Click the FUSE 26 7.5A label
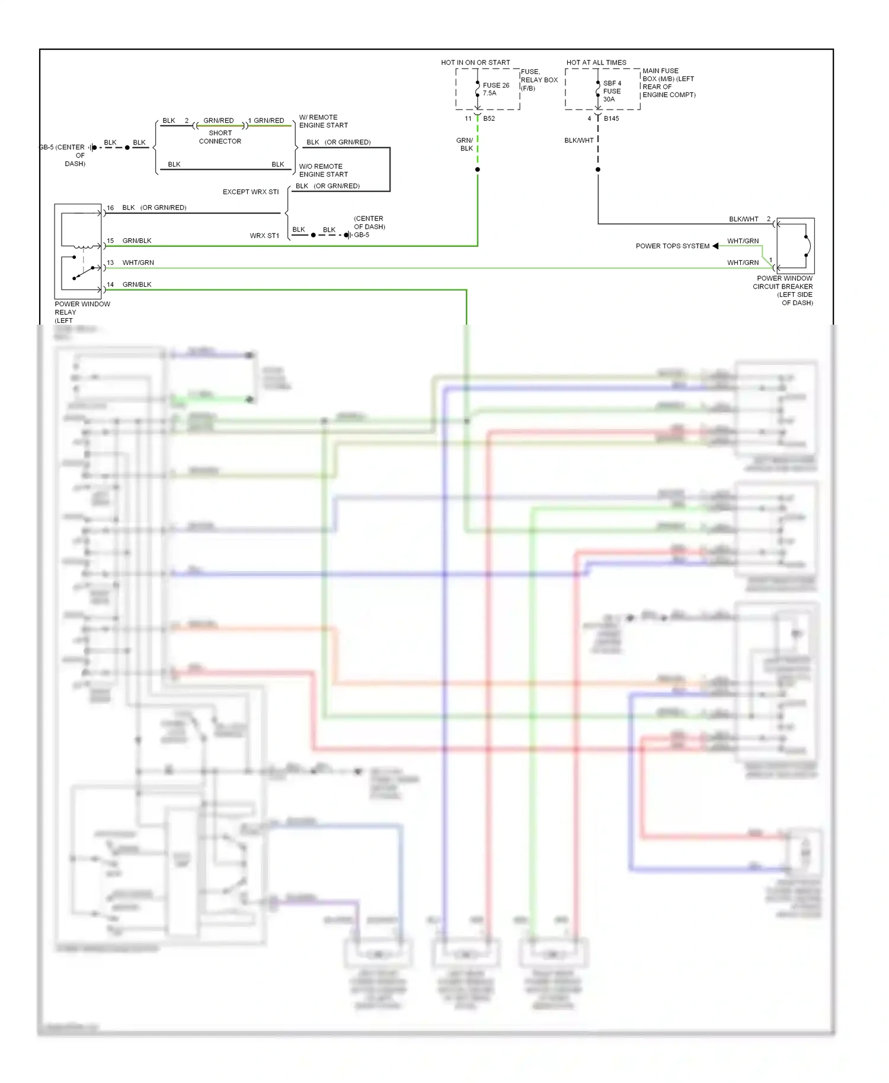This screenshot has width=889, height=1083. (x=495, y=89)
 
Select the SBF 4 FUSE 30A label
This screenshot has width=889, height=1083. (x=612, y=91)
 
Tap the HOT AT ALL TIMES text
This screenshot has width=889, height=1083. (x=596, y=62)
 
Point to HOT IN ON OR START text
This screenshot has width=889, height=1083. (x=475, y=62)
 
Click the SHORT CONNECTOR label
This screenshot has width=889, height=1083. (x=220, y=137)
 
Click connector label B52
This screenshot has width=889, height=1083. (x=489, y=118)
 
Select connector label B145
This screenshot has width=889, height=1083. (x=611, y=118)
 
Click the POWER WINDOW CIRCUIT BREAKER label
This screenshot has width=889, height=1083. (x=784, y=290)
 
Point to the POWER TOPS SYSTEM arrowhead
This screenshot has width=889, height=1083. (x=715, y=246)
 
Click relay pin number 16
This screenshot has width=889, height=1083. (x=110, y=208)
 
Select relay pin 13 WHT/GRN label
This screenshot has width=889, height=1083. (x=138, y=262)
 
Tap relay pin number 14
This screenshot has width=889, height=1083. (x=110, y=284)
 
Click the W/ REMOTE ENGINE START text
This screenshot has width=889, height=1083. (x=323, y=121)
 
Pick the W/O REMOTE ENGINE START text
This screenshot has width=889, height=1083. (x=323, y=170)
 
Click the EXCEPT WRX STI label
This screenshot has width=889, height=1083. (x=251, y=192)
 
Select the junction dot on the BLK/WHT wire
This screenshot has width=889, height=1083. (x=598, y=169)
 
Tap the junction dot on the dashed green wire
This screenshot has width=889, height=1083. (x=478, y=169)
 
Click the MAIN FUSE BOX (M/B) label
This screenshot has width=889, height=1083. (x=669, y=82)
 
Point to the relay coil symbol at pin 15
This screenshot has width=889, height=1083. (x=83, y=246)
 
